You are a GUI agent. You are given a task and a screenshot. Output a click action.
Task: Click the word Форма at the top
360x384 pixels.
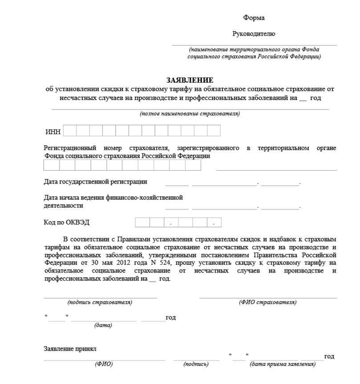[254, 18]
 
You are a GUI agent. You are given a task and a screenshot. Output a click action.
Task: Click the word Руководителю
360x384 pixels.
[254, 33]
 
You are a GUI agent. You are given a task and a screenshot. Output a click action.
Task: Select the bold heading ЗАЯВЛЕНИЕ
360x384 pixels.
[190, 80]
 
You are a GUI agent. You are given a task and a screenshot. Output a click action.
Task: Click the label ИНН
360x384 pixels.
[53, 132]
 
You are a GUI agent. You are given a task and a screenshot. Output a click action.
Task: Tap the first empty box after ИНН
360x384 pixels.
[70, 131]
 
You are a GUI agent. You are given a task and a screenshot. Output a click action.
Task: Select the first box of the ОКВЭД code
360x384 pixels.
[142, 222]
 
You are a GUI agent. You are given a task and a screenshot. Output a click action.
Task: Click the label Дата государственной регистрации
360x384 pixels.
[95, 182]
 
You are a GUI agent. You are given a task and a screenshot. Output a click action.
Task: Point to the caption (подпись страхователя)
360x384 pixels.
[100, 302]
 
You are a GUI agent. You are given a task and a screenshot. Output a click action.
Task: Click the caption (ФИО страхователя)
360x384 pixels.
[268, 302]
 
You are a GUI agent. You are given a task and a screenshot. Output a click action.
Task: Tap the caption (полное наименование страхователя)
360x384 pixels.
[190, 114]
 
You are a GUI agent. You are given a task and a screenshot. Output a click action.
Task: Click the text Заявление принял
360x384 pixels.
[70, 349]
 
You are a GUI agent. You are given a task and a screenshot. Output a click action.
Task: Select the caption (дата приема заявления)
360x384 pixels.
[283, 364]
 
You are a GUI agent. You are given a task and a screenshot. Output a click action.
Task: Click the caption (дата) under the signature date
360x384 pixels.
[103, 325]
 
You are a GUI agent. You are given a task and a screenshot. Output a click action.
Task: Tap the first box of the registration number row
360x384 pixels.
[51, 165]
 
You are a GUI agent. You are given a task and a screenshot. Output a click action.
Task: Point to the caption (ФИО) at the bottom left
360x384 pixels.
[104, 364]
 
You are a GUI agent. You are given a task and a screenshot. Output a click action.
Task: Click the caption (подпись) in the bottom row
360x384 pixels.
[196, 364]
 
